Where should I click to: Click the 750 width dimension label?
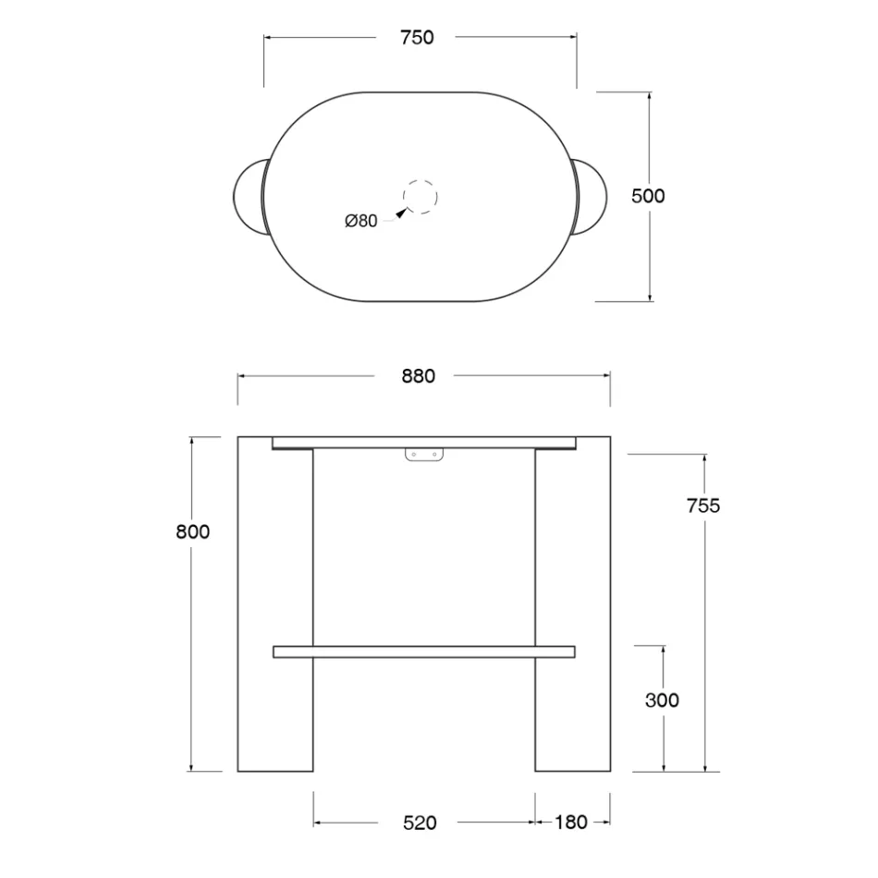click(x=417, y=38)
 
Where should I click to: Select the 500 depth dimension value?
click(x=648, y=196)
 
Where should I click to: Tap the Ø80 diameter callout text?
click(x=361, y=221)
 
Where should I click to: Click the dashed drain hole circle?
click(x=420, y=180)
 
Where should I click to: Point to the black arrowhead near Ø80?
click(x=401, y=213)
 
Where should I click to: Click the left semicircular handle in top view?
click(x=235, y=197)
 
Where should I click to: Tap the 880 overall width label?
click(x=419, y=376)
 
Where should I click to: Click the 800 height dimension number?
click(x=192, y=531)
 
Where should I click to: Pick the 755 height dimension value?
click(x=703, y=506)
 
